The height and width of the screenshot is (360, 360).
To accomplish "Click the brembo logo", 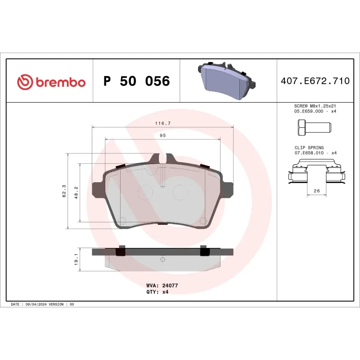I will [x=51, y=82].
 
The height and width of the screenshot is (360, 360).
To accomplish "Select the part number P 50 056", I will [x=136, y=81].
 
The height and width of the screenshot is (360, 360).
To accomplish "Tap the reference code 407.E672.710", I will [x=315, y=81].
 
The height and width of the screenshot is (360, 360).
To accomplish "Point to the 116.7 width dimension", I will [x=162, y=123].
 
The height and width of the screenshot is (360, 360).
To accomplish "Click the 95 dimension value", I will [x=162, y=135].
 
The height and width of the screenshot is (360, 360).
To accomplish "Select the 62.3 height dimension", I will [x=64, y=191].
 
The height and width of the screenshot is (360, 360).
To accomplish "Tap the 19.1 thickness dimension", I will [x=76, y=259].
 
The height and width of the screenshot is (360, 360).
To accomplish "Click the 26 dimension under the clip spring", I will [x=316, y=191].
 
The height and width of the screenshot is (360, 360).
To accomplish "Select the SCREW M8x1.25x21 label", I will [x=315, y=107].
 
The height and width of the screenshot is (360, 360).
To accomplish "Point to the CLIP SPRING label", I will [x=309, y=147].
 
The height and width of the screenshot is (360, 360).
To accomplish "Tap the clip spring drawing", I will [x=317, y=174].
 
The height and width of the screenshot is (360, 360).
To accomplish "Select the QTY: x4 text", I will [x=157, y=292].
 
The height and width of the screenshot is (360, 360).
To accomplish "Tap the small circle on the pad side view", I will [x=162, y=259].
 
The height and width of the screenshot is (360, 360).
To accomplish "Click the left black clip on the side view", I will [x=121, y=251].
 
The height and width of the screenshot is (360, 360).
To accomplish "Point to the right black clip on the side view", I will [x=203, y=251].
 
